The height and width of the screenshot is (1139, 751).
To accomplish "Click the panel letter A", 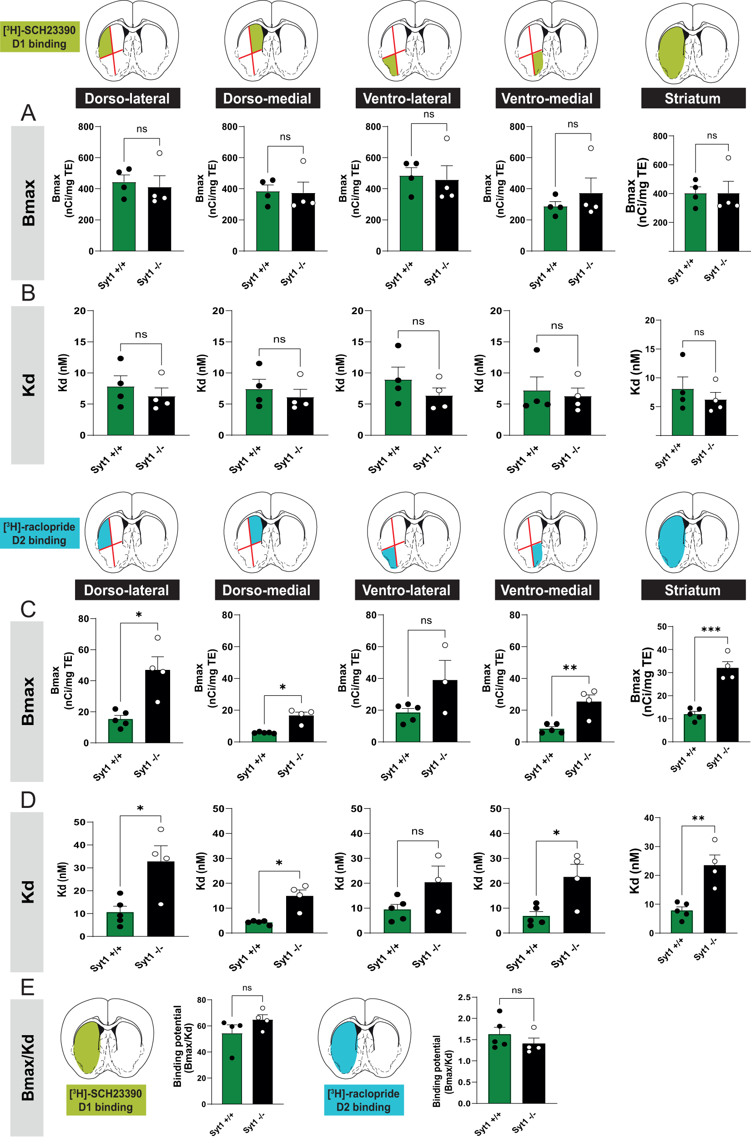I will point(28,113).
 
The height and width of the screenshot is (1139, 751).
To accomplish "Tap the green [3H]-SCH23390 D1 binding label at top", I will point(40,37).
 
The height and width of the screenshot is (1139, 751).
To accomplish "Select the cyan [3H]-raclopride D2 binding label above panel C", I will point(40,534).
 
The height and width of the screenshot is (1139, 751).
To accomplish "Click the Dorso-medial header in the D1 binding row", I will point(267,98).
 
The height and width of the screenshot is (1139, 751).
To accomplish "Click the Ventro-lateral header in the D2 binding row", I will point(406,590).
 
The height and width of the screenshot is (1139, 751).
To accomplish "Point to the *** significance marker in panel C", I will point(711,629).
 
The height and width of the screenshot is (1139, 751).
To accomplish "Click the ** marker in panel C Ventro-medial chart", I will point(570,668).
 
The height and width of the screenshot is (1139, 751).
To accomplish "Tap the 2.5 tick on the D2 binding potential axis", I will point(464,997).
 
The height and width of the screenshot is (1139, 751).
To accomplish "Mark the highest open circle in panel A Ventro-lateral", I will point(447,138).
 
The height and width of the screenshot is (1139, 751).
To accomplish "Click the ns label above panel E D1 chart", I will point(247,988).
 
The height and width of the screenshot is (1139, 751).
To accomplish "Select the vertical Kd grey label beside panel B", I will point(28,385).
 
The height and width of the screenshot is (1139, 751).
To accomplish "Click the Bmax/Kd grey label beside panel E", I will point(27,1067).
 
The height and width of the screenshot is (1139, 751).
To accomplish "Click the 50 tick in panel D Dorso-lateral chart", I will point(79,822).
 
